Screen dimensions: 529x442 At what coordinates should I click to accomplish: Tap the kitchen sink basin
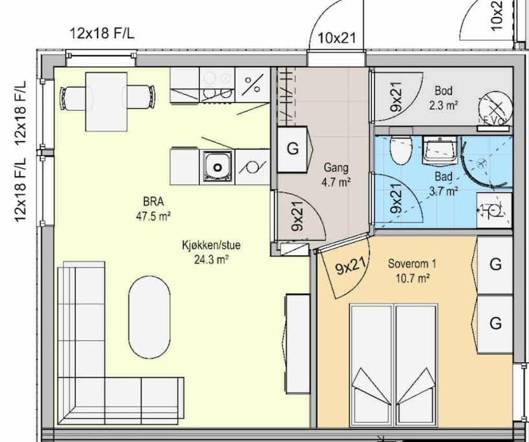(217, 166)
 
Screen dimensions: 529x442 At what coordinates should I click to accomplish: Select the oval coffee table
(149, 317)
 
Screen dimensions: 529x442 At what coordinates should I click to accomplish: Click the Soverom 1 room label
(411, 263)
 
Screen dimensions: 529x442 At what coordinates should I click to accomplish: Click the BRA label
(153, 201)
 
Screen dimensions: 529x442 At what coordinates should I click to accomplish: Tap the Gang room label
(336, 168)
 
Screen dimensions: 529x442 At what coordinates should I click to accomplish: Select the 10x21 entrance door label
(337, 38)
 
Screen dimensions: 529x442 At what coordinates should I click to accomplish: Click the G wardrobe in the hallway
(292, 149)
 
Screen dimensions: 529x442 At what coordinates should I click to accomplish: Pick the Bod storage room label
(443, 91)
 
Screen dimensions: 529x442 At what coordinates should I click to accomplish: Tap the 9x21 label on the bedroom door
(351, 266)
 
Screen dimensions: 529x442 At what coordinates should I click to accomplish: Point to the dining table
(106, 102)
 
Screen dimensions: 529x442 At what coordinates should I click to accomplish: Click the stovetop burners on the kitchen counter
(217, 84)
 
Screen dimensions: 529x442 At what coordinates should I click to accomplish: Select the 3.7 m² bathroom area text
(443, 192)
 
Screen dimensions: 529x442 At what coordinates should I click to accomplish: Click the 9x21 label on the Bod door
(396, 97)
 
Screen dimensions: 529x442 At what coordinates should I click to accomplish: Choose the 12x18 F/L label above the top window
(102, 34)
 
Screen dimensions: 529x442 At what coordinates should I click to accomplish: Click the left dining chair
(73, 98)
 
